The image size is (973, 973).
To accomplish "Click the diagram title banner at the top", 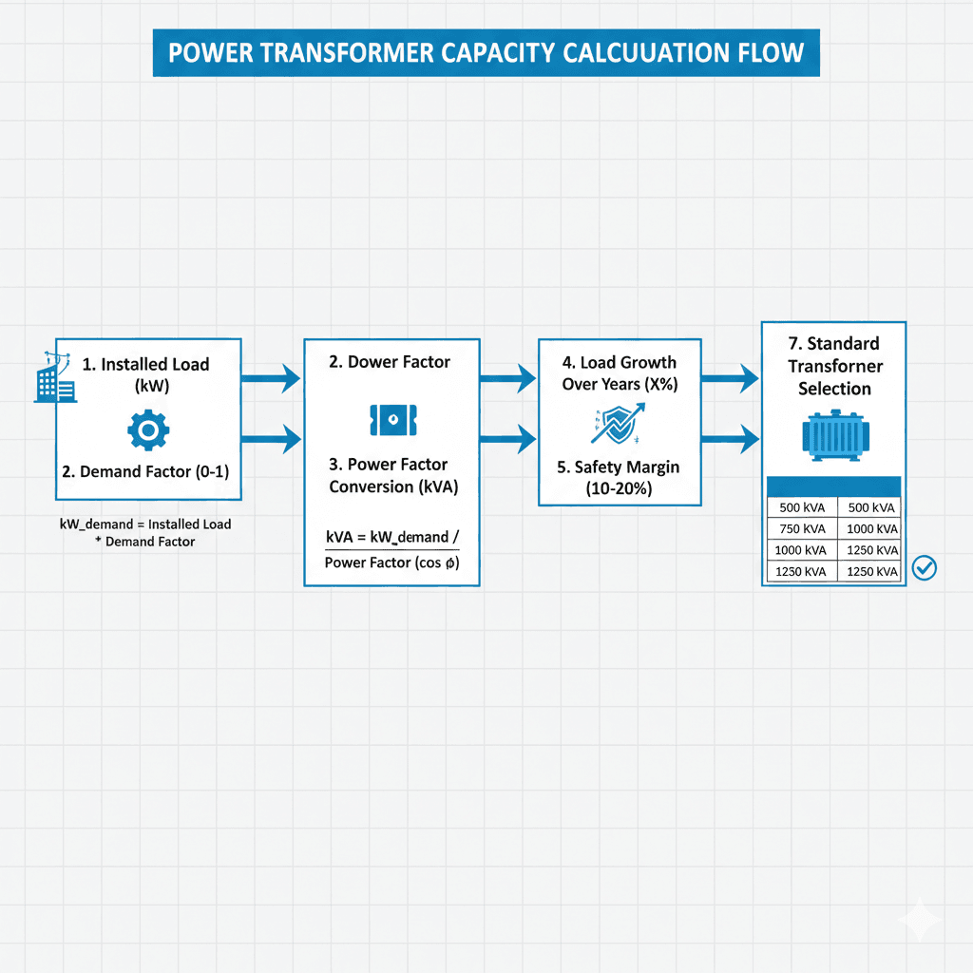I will [x=486, y=52].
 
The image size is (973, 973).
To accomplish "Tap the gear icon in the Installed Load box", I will [x=148, y=430].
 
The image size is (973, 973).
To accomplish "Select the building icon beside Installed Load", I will [x=53, y=377].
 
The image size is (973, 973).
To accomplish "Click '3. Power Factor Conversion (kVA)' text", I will [x=392, y=475].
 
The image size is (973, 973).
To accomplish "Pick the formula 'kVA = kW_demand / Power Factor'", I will [x=391, y=549].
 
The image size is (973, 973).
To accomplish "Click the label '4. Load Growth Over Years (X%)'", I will [x=619, y=373].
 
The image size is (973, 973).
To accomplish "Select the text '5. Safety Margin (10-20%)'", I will [x=619, y=479].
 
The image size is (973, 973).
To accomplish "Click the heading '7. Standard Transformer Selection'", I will [x=834, y=366].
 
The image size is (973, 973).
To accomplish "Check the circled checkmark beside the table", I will [x=924, y=568].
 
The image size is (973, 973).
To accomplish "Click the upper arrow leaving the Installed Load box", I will [x=271, y=379].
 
